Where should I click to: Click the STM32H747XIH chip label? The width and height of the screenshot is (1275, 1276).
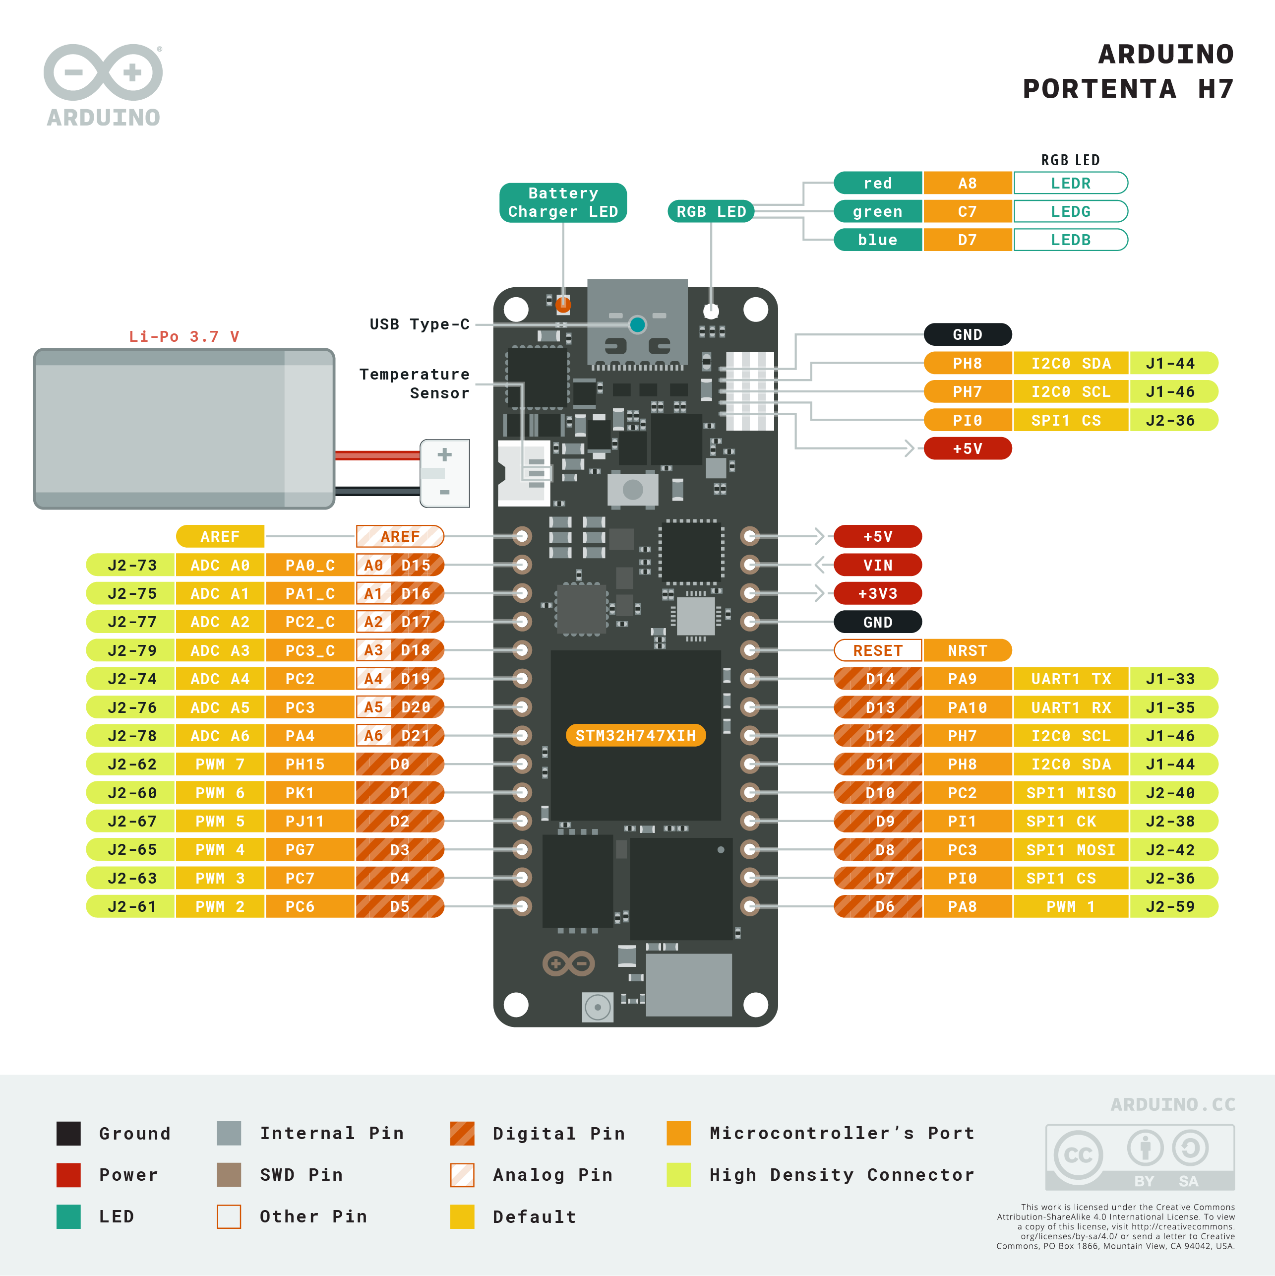tap(635, 735)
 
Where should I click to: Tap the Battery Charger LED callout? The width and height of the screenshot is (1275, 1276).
tap(562, 202)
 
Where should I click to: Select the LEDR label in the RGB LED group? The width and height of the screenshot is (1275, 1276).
tap(1070, 183)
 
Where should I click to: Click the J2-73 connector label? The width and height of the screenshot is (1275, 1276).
tap(131, 565)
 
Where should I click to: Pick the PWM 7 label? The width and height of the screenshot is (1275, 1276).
tap(220, 764)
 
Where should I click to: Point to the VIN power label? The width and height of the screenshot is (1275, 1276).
tap(877, 565)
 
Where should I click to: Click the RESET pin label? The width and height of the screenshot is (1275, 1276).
tap(877, 650)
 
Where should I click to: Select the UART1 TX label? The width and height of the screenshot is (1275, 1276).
tap(1070, 678)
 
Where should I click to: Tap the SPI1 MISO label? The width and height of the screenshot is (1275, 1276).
tap(1070, 793)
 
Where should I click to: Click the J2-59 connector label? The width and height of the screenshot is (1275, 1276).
tap(1170, 906)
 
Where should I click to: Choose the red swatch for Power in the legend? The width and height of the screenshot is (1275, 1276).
tap(68, 1175)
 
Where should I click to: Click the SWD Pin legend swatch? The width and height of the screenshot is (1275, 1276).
tap(229, 1175)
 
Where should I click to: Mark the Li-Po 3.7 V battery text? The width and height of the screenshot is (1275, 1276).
tap(183, 336)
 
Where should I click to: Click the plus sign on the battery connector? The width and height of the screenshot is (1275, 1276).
tap(444, 454)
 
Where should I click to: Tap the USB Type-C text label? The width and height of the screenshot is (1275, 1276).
tap(419, 324)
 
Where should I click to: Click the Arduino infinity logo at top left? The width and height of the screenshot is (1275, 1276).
tap(103, 72)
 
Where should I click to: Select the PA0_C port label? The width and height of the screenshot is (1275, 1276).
tap(309, 565)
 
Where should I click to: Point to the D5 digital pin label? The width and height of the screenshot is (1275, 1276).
tap(400, 906)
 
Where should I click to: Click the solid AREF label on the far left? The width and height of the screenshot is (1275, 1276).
tap(220, 536)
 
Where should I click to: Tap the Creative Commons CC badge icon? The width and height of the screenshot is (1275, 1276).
tap(1078, 1154)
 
